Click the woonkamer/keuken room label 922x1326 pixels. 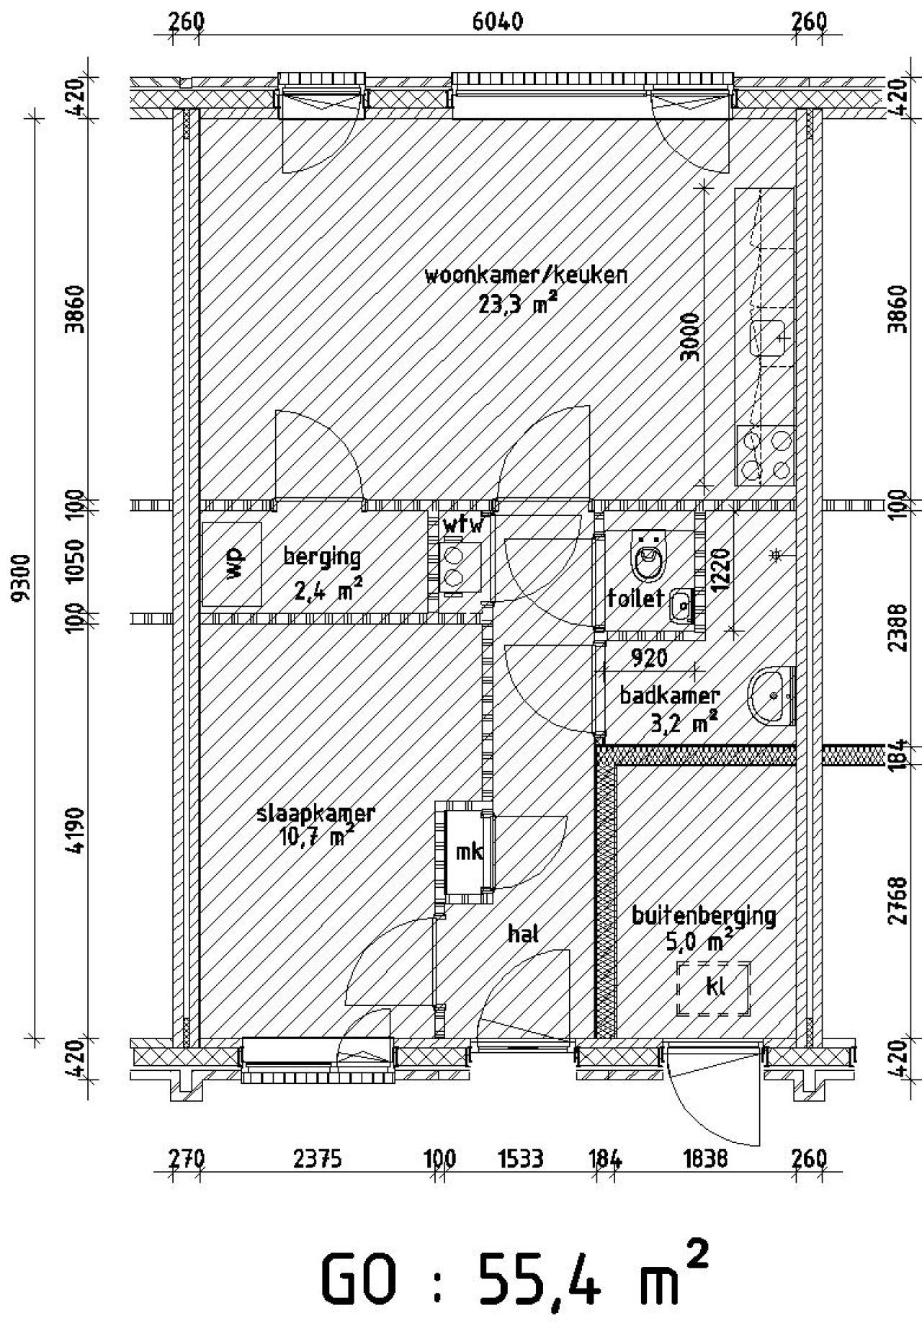pyautogui.click(x=525, y=276)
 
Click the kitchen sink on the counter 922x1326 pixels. pyautogui.click(x=768, y=338)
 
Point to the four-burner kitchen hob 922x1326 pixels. pyautogui.click(x=765, y=455)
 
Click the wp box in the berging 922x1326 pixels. pyautogui.click(x=232, y=564)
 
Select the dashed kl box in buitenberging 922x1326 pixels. pyautogui.click(x=714, y=987)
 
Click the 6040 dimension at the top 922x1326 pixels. pyautogui.click(x=497, y=22)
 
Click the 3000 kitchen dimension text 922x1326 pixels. pyautogui.click(x=690, y=339)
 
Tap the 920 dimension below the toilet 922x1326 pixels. pyautogui.click(x=649, y=657)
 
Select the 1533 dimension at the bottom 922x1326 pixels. pyautogui.click(x=520, y=1159)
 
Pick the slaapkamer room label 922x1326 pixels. pyautogui.click(x=315, y=814)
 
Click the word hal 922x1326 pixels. pyautogui.click(x=524, y=934)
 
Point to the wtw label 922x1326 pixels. pyautogui.click(x=462, y=524)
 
